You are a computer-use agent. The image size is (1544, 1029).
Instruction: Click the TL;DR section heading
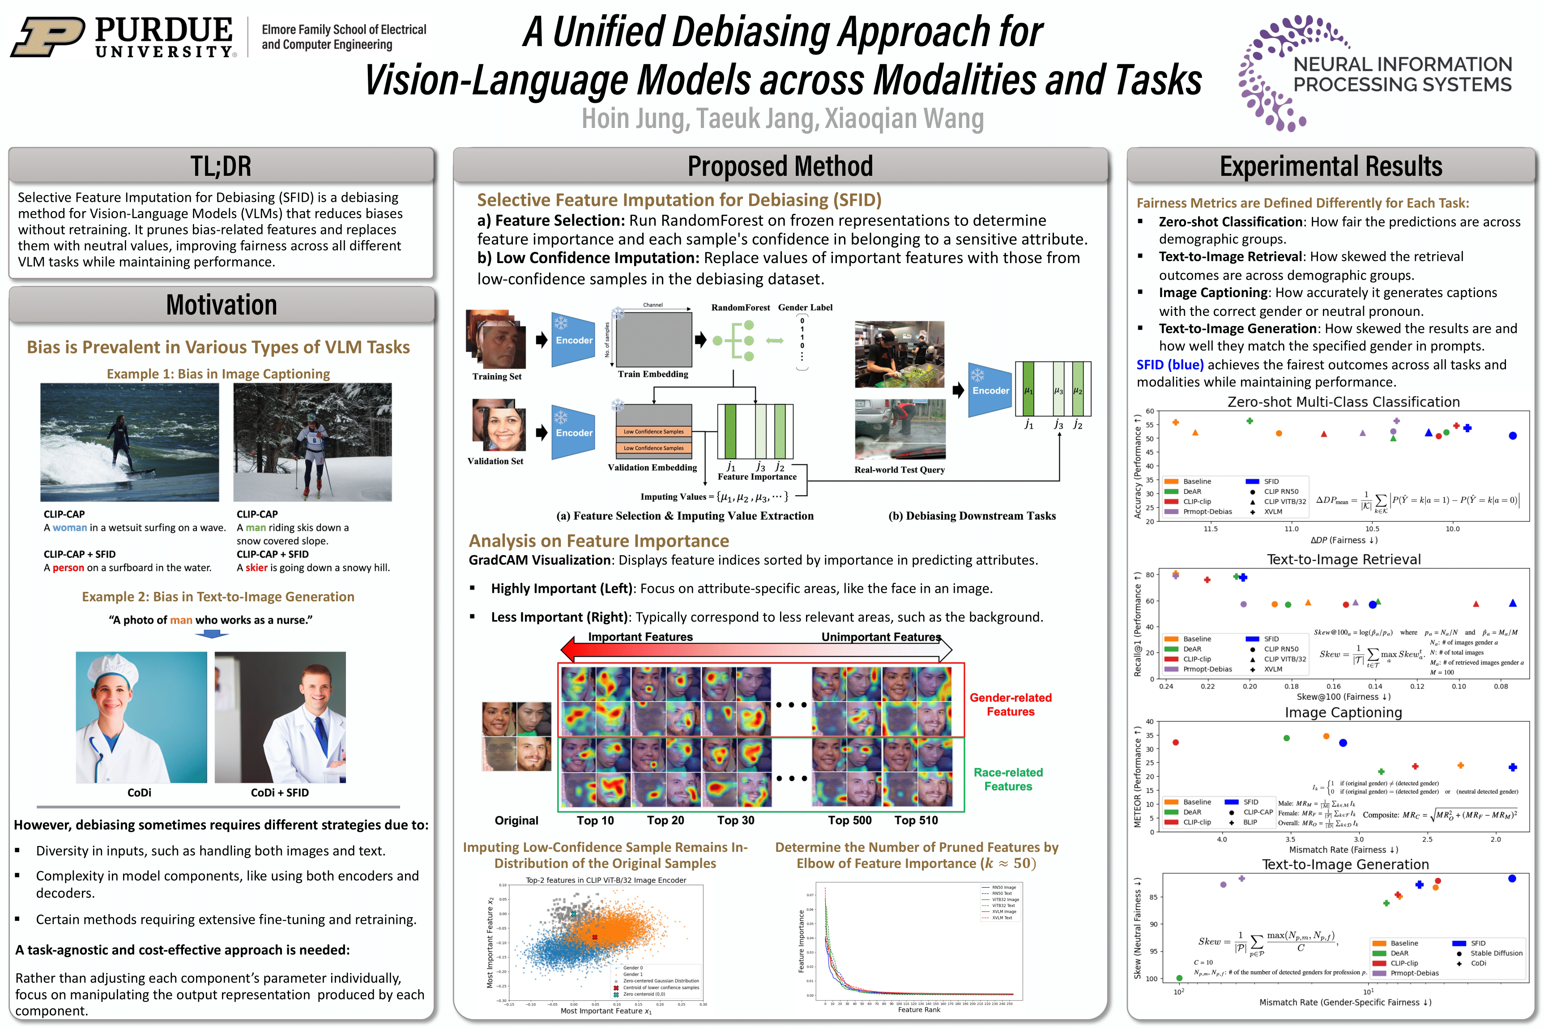(x=221, y=166)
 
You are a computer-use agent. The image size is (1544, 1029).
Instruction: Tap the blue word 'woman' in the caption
(x=69, y=527)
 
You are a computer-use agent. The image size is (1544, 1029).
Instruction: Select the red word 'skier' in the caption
(x=257, y=568)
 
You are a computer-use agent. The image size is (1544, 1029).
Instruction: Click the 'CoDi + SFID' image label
(x=280, y=793)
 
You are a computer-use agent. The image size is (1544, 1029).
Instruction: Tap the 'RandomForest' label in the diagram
(x=741, y=307)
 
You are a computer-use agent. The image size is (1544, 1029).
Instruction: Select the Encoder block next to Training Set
(x=573, y=340)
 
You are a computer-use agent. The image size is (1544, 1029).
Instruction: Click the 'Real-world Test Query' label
(x=900, y=470)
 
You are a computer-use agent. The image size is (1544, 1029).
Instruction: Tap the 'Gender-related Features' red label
(x=1010, y=704)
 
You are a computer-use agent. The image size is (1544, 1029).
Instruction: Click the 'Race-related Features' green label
(x=1008, y=779)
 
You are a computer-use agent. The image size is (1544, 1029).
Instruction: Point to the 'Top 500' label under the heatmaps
(x=849, y=821)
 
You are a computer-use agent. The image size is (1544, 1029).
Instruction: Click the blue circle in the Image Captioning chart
(x=1343, y=743)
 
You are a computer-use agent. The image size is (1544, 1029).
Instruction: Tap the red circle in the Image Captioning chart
(x=1176, y=742)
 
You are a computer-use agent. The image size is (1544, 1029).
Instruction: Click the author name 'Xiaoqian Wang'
(x=904, y=119)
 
